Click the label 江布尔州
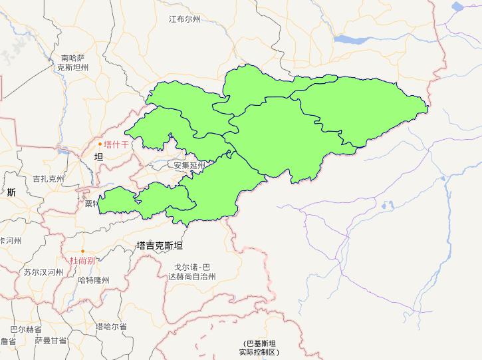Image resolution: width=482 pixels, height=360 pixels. click(x=184, y=19)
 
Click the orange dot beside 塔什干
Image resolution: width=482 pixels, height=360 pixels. click(x=100, y=144)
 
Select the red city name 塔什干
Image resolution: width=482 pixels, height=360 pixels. click(x=116, y=144)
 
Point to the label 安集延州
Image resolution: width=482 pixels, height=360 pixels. click(x=190, y=165)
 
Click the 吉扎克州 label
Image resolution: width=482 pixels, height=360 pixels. click(x=49, y=178)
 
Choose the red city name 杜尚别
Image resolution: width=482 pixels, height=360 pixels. click(x=82, y=260)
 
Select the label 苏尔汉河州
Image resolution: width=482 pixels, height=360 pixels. click(x=43, y=271)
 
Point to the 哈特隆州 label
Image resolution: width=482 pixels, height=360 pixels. click(x=93, y=280)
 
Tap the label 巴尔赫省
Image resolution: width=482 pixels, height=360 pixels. click(x=25, y=329)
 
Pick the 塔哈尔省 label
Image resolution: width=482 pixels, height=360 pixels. click(x=110, y=327)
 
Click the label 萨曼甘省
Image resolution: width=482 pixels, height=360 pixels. click(x=51, y=341)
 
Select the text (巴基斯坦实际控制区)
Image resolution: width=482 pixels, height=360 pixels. click(x=259, y=347)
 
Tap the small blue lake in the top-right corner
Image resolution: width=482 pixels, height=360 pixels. click(x=458, y=7)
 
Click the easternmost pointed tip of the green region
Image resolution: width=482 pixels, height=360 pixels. click(x=427, y=105)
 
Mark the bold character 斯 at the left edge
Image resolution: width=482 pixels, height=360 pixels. click(x=11, y=193)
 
